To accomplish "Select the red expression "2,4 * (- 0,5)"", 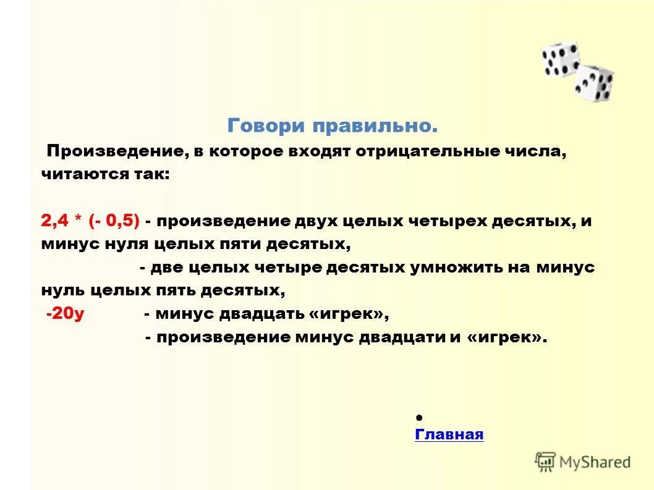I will pos(90,221).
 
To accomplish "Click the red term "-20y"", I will pos(65,313).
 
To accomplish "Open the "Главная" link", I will pos(449,434).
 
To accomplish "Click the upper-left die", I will pos(560,59).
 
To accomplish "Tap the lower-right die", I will pos(593,83).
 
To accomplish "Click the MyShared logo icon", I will pos(545,461).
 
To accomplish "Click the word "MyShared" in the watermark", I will pos(595,462).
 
